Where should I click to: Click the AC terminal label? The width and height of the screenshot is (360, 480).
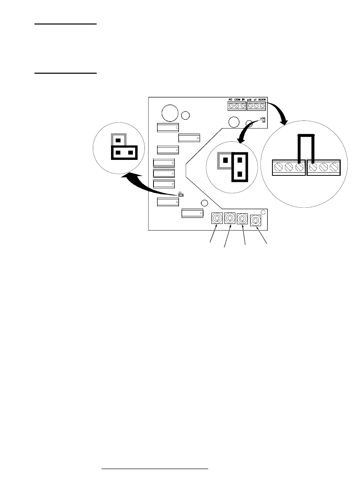pos(230,100)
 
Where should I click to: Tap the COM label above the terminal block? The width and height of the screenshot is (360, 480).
pos(237,100)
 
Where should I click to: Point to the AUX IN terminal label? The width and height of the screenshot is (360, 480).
pos(263,100)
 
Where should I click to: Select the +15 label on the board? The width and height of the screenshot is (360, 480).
pos(250,100)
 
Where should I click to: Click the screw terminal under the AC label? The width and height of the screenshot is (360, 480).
pos(231,106)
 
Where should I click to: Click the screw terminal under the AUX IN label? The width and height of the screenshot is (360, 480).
pos(263,106)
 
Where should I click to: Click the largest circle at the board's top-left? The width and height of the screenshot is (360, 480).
pos(169,113)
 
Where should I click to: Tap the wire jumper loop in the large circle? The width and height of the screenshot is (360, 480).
pos(306,136)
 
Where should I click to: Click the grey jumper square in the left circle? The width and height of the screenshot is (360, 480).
pos(118,140)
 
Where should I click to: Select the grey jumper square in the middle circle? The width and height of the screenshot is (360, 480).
pos(225,160)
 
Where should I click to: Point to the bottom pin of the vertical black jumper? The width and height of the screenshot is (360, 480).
pos(239,174)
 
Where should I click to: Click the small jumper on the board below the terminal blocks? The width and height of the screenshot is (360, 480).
pos(263,120)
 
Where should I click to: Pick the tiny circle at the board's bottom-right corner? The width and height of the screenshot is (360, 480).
pos(263,212)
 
